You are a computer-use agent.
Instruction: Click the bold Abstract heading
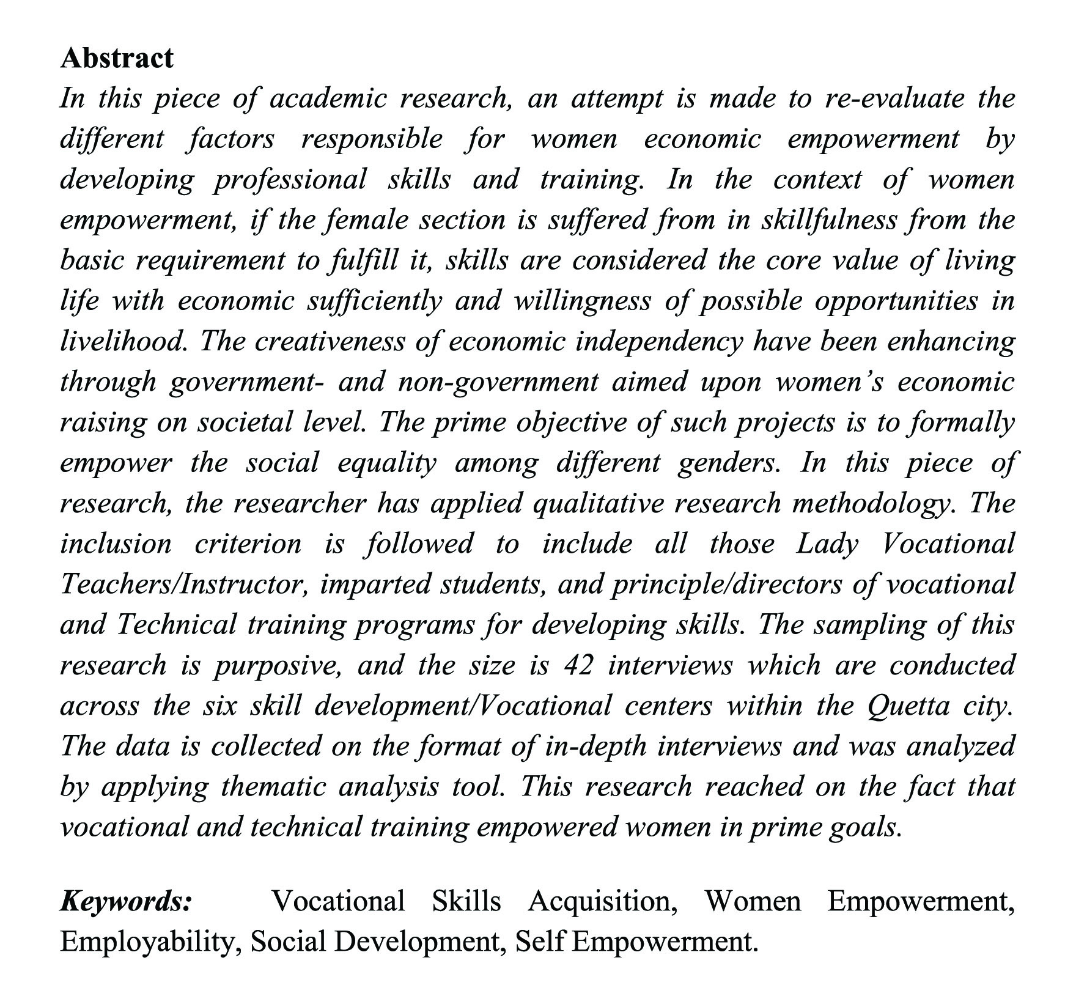tap(117, 58)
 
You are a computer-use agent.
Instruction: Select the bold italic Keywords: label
tap(126, 901)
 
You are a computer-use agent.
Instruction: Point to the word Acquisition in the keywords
tap(602, 901)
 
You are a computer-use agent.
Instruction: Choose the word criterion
tap(248, 544)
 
